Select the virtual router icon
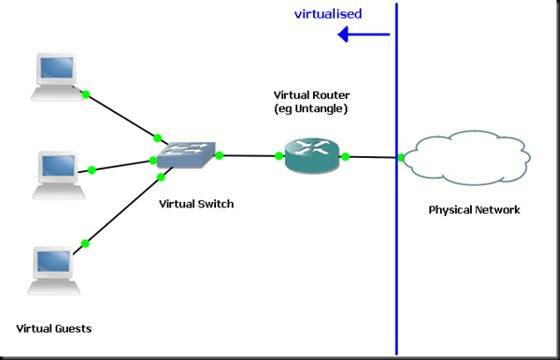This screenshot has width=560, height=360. click(311, 156)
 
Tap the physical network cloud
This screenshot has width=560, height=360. click(467, 158)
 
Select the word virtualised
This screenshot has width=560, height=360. click(328, 14)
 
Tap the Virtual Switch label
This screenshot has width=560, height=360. click(196, 204)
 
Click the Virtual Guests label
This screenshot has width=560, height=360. click(54, 329)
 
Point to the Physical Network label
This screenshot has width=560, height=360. click(474, 210)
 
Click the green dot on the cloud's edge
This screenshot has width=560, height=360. click(401, 158)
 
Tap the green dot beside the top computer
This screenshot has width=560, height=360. click(86, 93)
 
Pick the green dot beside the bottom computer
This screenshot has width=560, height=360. click(86, 243)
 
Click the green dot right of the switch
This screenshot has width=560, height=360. click(219, 155)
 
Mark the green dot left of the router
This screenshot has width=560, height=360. click(279, 156)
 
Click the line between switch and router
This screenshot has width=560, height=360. click(249, 156)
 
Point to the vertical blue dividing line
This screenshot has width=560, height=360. click(396, 265)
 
